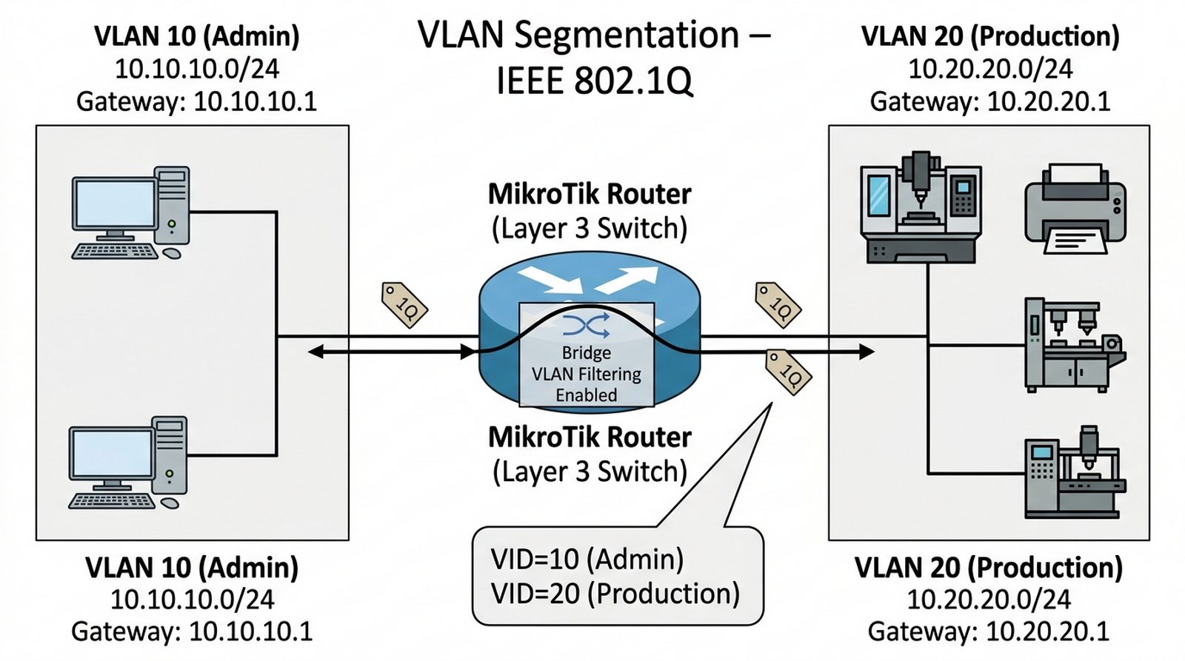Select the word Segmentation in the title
627,35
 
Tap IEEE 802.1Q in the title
595,81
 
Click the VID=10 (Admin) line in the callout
587,559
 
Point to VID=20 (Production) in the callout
615,594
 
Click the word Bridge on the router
586,352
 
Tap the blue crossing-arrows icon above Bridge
586,325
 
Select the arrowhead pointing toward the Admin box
316,352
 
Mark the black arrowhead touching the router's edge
468,352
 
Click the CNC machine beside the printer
921,208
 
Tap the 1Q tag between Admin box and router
404,304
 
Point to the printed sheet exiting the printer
1075,241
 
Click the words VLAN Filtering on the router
586,374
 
